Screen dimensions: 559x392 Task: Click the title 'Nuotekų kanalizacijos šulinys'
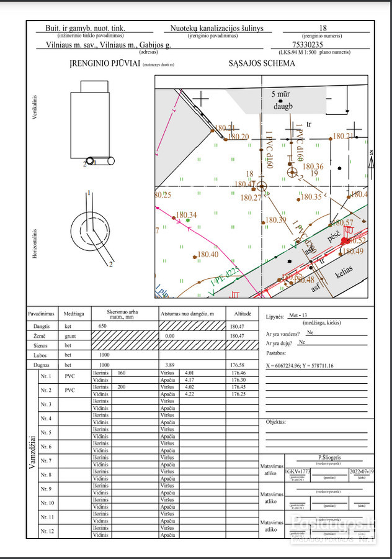tap(217, 29)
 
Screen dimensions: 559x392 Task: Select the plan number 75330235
tap(323, 45)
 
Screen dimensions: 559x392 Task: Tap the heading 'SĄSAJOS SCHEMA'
tap(255, 64)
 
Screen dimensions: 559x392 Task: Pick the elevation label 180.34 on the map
tap(186, 216)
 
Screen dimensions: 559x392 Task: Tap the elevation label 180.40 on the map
tap(207, 255)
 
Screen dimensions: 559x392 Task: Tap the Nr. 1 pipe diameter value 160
tap(122, 373)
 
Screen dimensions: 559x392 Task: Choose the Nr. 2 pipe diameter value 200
tap(122, 387)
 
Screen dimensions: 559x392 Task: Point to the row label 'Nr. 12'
tap(47, 532)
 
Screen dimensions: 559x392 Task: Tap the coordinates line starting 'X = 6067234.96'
tap(299, 366)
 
